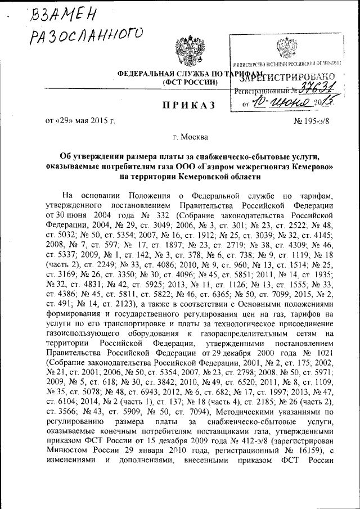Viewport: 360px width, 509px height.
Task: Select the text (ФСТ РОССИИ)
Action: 190,82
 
